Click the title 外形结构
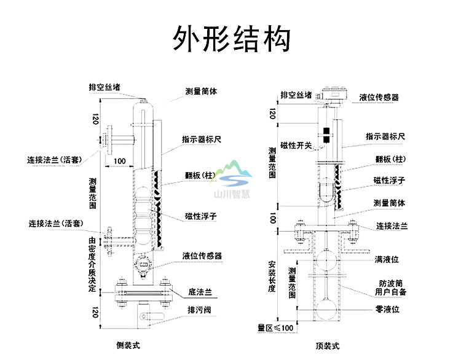pos(230,38)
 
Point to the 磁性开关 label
pos(296,145)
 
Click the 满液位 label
pos(387,260)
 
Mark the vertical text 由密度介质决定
pos(92,264)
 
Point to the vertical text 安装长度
pos(272,276)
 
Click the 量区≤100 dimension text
pos(275,328)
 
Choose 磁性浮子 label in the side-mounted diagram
pos(200,216)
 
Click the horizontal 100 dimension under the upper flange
pos(119,161)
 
